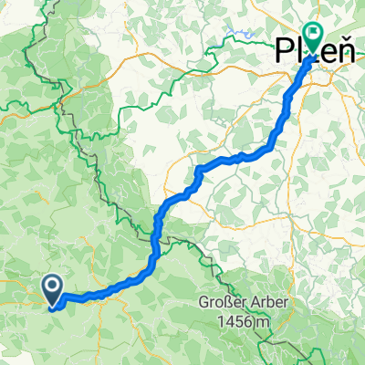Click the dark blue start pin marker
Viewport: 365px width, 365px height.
click(x=54, y=289)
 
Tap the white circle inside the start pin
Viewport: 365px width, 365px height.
click(x=54, y=287)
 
